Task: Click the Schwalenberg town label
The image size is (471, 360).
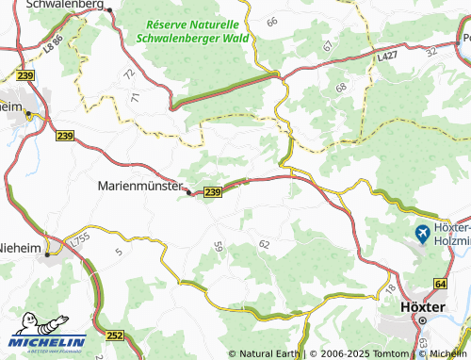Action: [x=65, y=5]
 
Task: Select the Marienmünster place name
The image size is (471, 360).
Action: [x=139, y=186]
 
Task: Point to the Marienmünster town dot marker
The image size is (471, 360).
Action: [x=190, y=192]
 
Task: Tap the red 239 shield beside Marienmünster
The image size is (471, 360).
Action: [x=213, y=192]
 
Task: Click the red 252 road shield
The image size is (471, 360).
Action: [x=116, y=335]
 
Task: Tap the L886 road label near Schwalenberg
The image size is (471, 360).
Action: [x=52, y=42]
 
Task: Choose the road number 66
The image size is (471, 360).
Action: [x=272, y=21]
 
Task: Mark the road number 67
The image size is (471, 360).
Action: [x=328, y=45]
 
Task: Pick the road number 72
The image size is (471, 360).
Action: [x=128, y=74]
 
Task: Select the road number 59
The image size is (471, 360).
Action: [x=219, y=247]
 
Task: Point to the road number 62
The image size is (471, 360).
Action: [x=264, y=244]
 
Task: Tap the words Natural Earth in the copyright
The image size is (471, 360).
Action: [x=268, y=353]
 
